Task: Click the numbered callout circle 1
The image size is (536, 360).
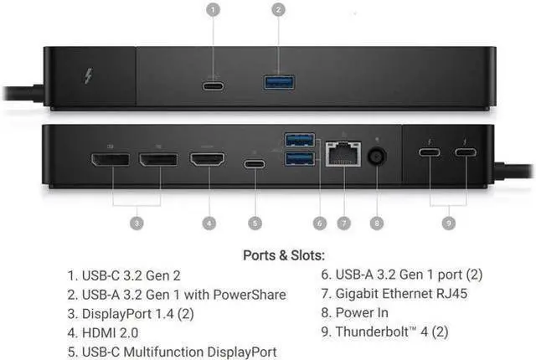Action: coord(214,11)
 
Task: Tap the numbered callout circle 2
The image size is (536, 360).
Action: coord(279,11)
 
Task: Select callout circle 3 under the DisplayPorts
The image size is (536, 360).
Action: coord(137,223)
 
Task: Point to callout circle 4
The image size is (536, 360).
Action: coord(209,223)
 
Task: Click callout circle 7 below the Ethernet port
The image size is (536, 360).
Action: coord(343,223)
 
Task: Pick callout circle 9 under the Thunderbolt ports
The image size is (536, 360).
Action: coord(450,223)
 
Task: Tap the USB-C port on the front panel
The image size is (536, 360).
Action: coord(214,84)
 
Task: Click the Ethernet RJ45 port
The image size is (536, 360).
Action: coord(343,156)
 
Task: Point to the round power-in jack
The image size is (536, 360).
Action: coord(378,157)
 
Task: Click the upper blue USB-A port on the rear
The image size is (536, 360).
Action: coord(300,139)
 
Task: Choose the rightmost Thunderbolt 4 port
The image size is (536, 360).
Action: coord(466,153)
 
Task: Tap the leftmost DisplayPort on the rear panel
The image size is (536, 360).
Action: coord(111,157)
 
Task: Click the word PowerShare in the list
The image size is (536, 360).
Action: coord(251,294)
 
